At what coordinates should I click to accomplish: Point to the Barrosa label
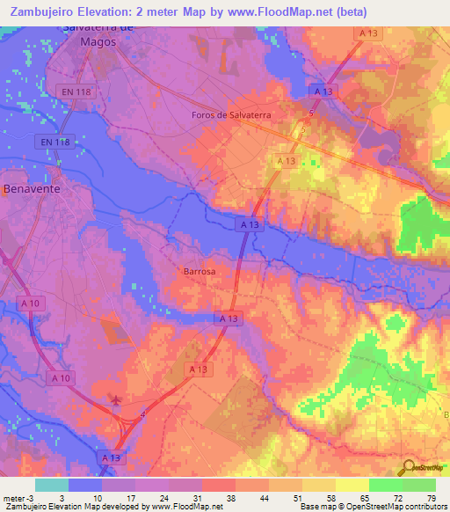(x=200, y=272)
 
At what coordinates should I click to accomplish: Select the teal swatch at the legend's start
(x=52, y=486)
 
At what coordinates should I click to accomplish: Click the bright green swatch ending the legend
(x=419, y=486)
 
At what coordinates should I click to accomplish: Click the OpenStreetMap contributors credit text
(x=386, y=507)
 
